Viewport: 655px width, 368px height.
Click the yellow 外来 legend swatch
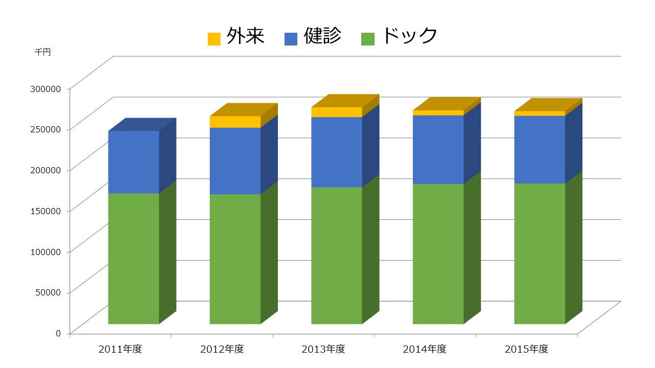click(214, 39)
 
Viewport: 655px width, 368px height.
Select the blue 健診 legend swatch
click(291, 39)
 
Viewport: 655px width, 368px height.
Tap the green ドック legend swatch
click(368, 39)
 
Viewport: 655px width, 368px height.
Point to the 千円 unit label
click(43, 52)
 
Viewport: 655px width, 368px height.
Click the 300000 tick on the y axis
click(46, 88)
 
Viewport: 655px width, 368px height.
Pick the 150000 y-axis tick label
click(46, 211)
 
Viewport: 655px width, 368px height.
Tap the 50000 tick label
click(48, 292)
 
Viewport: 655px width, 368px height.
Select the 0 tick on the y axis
click(58, 333)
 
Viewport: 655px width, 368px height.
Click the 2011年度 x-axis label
click(120, 350)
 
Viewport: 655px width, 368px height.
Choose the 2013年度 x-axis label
click(323, 350)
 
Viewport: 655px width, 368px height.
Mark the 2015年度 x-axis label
click(527, 350)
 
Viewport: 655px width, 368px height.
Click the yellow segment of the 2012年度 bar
click(235, 122)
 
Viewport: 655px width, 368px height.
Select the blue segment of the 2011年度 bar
click(134, 162)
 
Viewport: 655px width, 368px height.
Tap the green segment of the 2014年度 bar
click(438, 254)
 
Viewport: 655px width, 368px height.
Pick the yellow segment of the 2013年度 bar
click(336, 112)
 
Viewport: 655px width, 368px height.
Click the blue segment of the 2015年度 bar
click(539, 149)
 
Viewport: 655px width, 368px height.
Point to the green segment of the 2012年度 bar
click(235, 259)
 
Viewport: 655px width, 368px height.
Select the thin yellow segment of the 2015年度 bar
click(539, 113)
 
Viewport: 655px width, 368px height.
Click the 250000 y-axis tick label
click(46, 129)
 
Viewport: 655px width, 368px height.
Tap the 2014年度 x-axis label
click(425, 350)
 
